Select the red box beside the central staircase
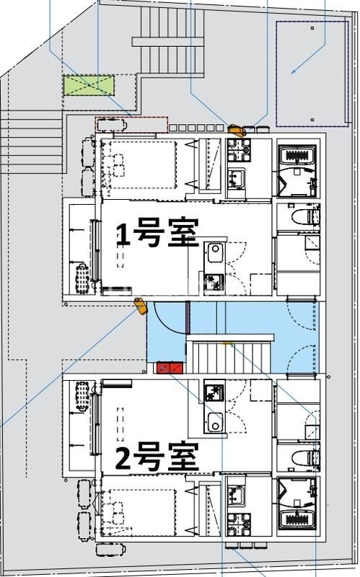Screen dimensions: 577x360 170,369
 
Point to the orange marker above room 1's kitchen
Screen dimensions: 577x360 236,131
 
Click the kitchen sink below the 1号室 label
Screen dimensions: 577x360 216,255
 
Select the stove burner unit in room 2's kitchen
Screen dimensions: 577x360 214,393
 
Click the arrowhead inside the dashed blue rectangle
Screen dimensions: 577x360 294,71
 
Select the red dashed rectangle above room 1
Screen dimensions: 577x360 131,124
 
